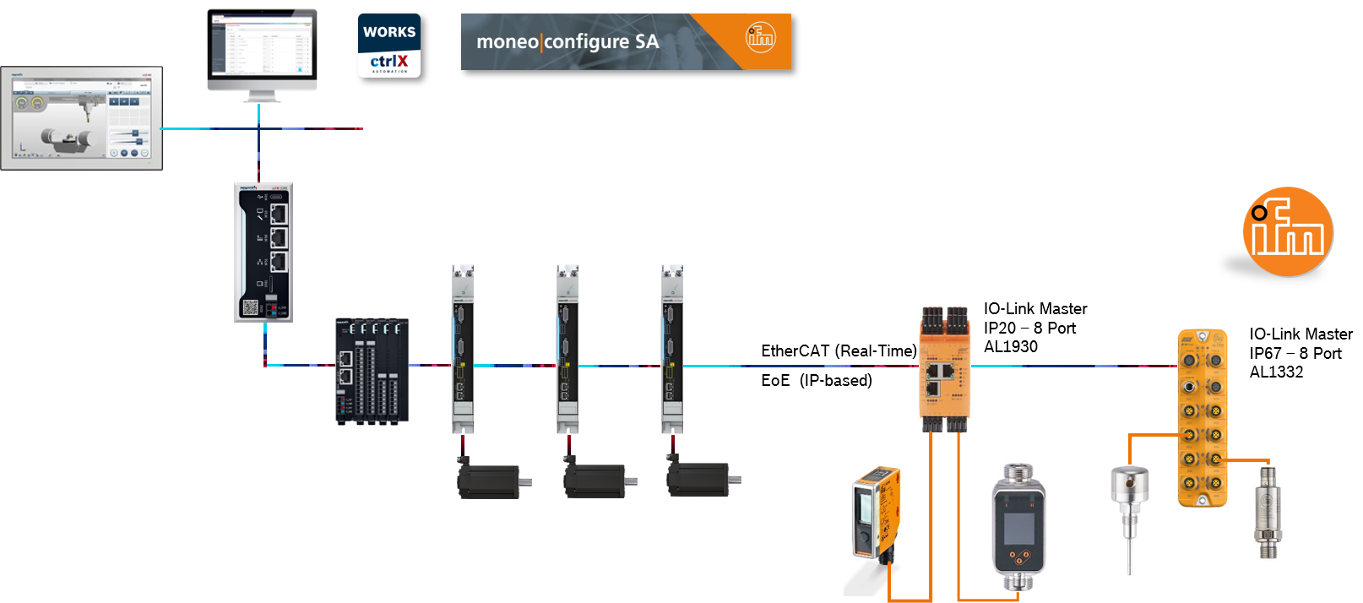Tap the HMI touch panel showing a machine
[82, 117]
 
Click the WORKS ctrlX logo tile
[389, 46]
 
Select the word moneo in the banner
[508, 42]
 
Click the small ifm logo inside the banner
[760, 37]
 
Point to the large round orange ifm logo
[1288, 232]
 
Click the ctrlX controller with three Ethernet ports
[263, 252]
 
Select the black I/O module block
[372, 372]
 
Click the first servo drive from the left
[462, 348]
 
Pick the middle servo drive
[567, 348]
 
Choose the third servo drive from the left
[671, 348]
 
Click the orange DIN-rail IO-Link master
[944, 367]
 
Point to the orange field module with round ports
[1202, 418]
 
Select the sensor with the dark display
[1018, 525]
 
